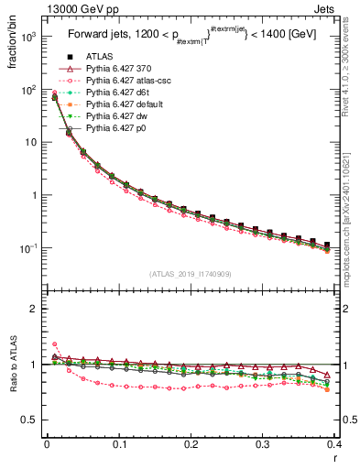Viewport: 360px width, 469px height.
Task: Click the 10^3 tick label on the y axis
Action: click(28, 37)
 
